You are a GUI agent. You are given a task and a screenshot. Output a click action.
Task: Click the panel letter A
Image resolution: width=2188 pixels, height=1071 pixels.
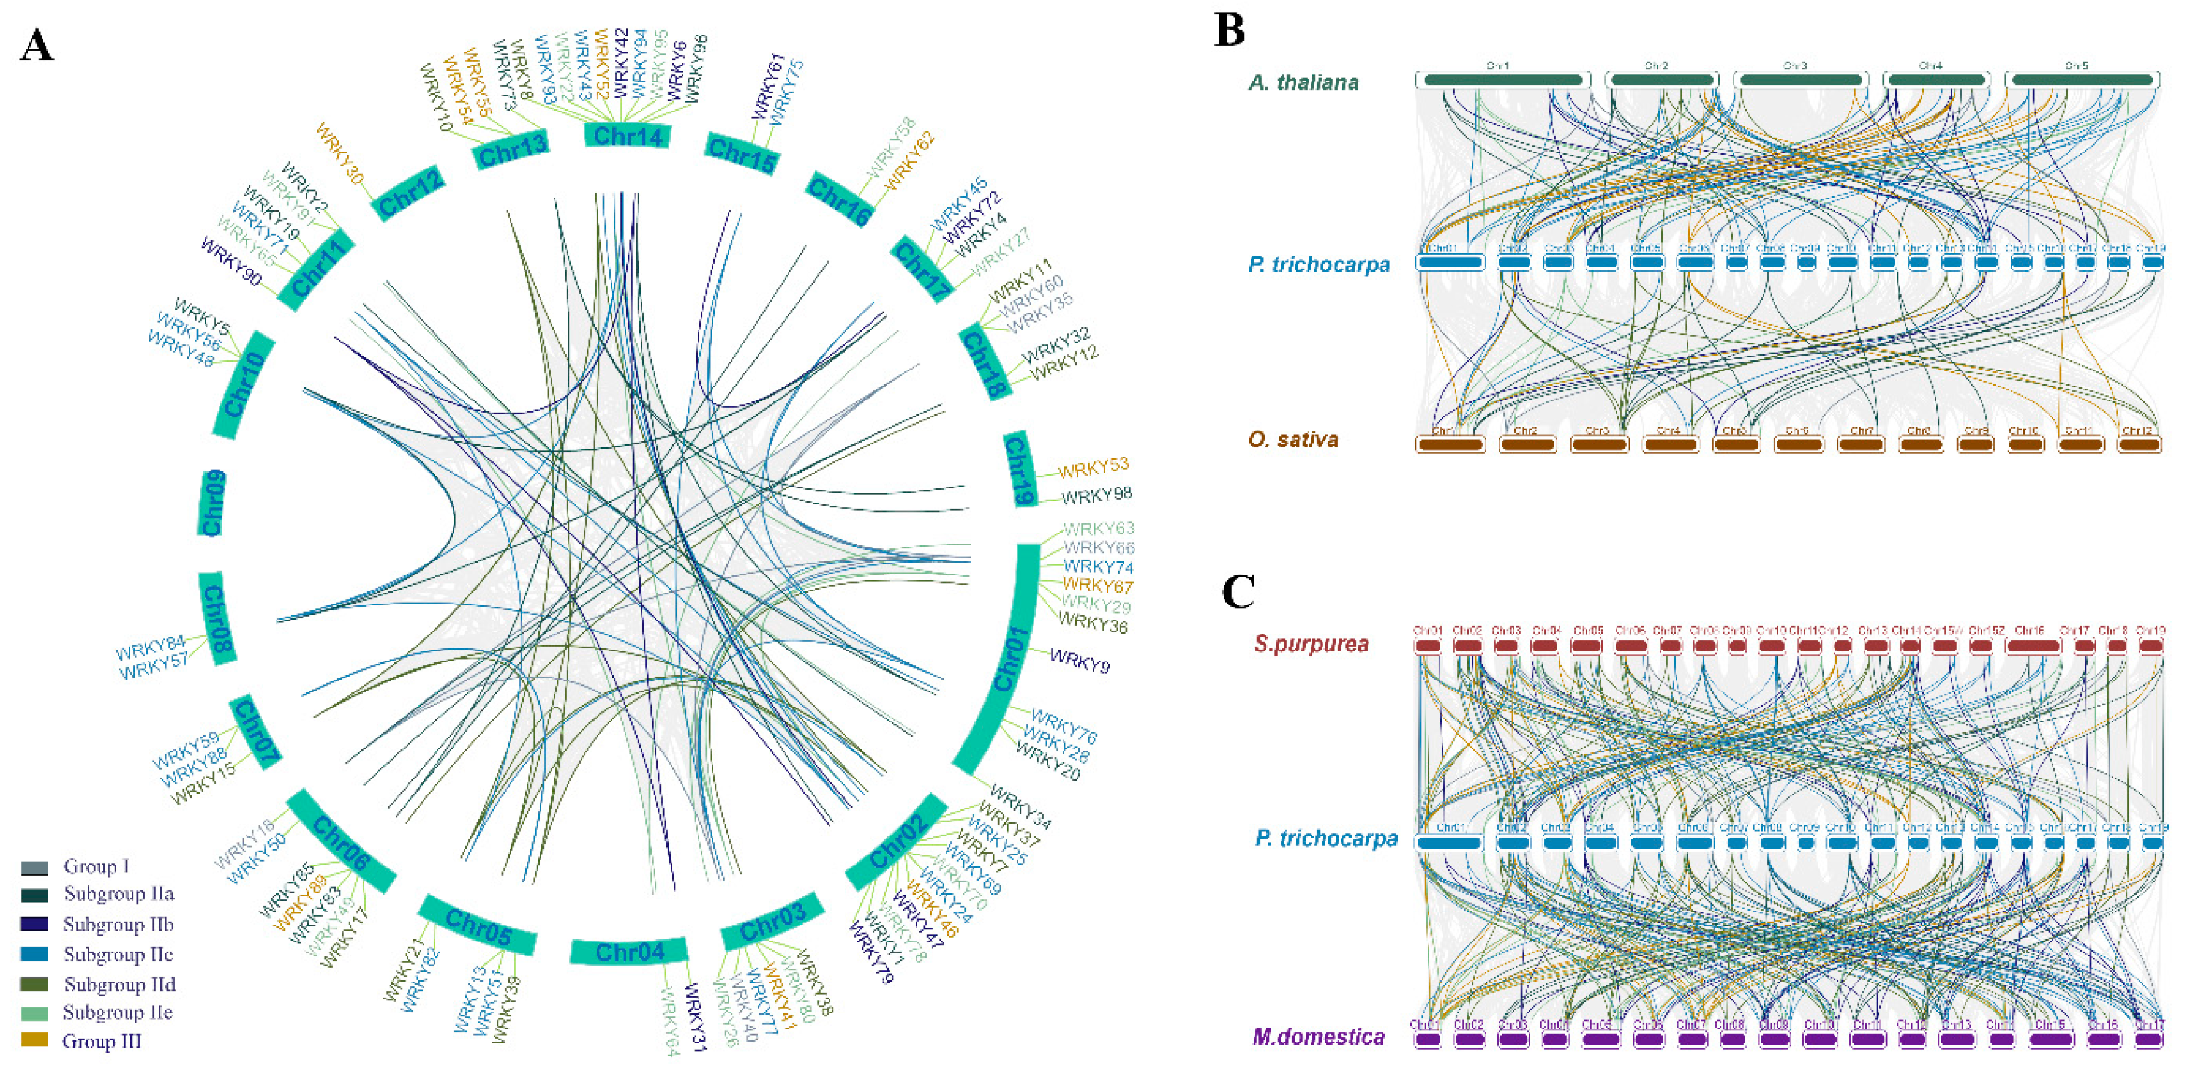tap(36, 46)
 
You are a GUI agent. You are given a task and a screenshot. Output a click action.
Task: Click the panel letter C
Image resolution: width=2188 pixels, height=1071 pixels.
tap(1238, 591)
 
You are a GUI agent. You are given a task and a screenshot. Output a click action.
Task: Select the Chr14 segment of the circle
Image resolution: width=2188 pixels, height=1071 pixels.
tap(627, 135)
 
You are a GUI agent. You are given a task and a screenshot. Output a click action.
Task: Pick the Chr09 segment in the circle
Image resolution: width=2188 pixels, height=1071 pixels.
tap(212, 503)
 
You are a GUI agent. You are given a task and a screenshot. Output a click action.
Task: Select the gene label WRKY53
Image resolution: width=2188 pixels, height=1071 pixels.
tap(1093, 467)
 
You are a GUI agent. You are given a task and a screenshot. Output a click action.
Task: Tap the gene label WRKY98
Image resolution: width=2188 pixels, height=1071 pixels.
tap(1097, 495)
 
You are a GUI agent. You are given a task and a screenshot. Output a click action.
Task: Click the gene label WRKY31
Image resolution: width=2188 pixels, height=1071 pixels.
tap(695, 1018)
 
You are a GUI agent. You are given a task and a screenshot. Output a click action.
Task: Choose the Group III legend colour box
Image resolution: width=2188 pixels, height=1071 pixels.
tap(34, 1040)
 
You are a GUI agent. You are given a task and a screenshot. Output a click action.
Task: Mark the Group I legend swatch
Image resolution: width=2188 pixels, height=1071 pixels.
tap(34, 867)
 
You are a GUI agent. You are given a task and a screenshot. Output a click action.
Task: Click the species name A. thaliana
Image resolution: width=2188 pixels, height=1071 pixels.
tap(1303, 82)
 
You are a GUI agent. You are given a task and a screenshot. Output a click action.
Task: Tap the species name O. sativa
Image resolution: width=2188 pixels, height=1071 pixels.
tap(1293, 440)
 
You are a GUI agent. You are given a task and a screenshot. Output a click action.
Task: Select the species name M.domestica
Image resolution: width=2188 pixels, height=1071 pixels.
tap(1318, 1036)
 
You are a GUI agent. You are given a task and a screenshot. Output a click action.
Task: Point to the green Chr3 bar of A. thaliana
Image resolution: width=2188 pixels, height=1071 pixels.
tap(1800, 80)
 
